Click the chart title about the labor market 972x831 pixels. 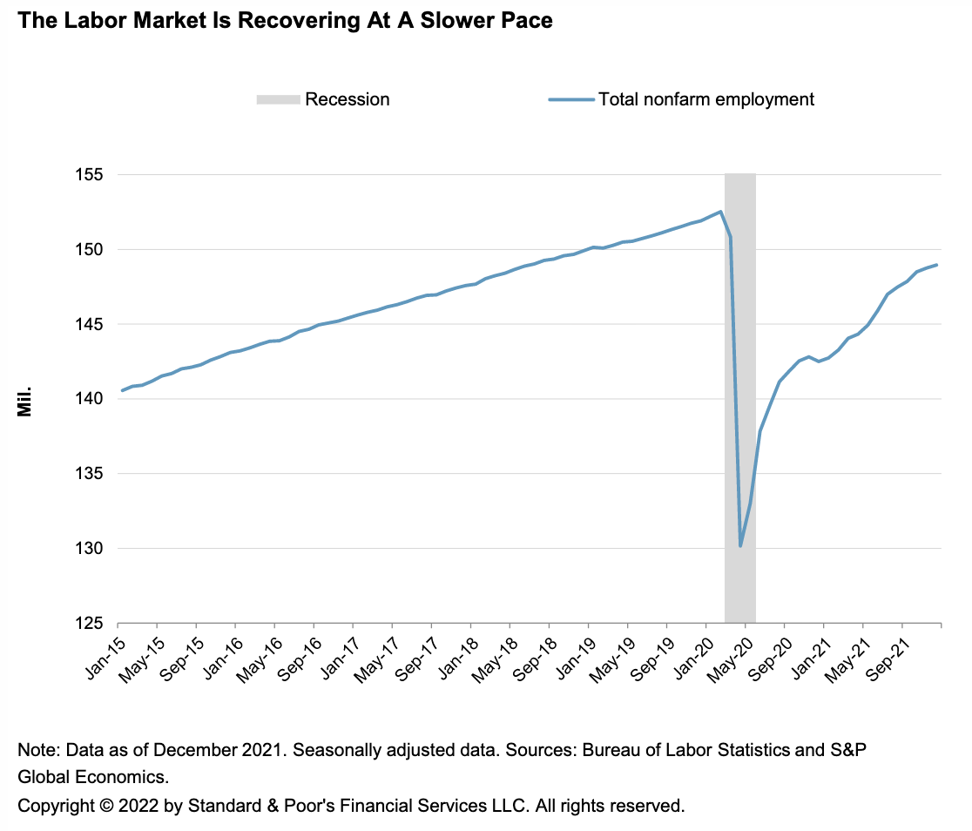tap(285, 20)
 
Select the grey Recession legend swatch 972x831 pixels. tap(277, 99)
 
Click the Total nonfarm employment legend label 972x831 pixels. tap(705, 99)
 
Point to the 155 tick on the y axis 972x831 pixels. tap(91, 175)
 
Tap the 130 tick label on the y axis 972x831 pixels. tap(91, 549)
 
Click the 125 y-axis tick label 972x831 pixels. tap(91, 624)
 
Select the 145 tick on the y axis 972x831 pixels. tap(91, 325)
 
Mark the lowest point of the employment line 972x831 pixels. tap(740, 546)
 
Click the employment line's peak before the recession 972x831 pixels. tap(720, 212)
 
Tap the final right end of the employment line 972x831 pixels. tap(936, 265)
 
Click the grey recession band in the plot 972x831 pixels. tap(740, 392)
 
